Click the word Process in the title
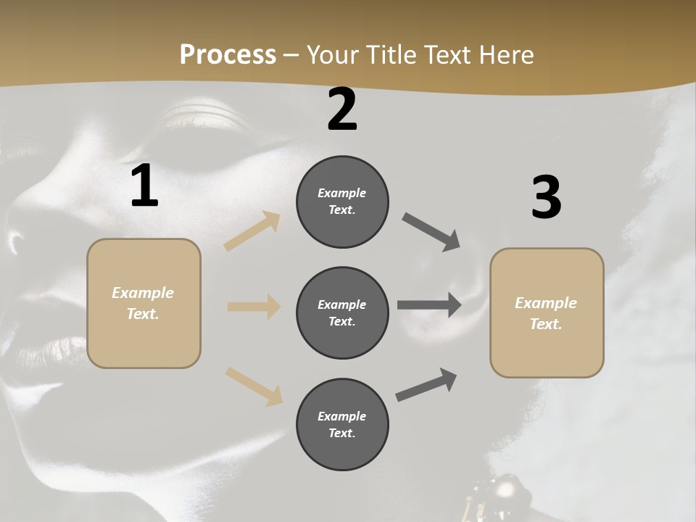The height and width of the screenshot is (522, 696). [x=228, y=55]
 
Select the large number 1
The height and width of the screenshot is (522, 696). [x=144, y=186]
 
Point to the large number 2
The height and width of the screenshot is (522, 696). [x=342, y=109]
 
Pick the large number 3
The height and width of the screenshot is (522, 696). [x=546, y=198]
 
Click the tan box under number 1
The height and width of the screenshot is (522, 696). [x=144, y=303]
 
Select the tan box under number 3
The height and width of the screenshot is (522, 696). [x=547, y=313]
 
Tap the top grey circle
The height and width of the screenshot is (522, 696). [x=342, y=202]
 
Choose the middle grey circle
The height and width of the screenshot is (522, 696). [x=342, y=313]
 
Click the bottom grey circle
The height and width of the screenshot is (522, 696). [x=342, y=425]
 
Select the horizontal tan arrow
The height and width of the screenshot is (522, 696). [x=254, y=307]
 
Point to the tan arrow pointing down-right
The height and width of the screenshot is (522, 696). [x=254, y=386]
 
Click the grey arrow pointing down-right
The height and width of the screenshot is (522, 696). [x=431, y=232]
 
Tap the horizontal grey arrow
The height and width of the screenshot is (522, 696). [x=429, y=305]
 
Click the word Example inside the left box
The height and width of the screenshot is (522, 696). [x=143, y=293]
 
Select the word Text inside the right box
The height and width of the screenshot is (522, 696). [x=545, y=324]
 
